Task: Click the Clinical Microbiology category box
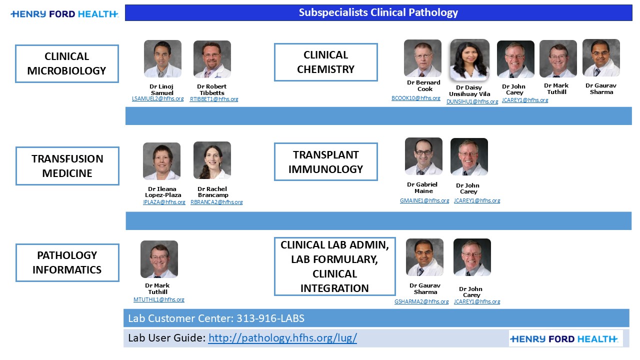tap(67, 63)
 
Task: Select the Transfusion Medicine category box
tap(67, 166)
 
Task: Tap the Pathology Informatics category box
tap(67, 262)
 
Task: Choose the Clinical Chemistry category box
tap(325, 62)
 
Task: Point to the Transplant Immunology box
tap(325, 162)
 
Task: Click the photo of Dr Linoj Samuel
tap(162, 59)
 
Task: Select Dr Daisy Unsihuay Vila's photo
tap(469, 60)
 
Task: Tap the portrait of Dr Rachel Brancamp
tap(212, 160)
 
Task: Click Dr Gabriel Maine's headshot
tap(423, 156)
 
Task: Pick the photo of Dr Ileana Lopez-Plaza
tap(161, 161)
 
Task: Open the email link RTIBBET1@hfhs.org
tap(214, 99)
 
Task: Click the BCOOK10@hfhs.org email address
tap(416, 98)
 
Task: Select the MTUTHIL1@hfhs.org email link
tap(158, 300)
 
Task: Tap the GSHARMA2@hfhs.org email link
tap(421, 302)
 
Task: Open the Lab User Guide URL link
tap(282, 338)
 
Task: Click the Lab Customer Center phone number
tap(270, 318)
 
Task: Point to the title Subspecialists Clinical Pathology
tap(378, 12)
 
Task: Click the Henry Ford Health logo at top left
tap(64, 14)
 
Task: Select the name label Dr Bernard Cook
tap(423, 86)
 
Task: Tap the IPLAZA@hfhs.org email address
tap(164, 202)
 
